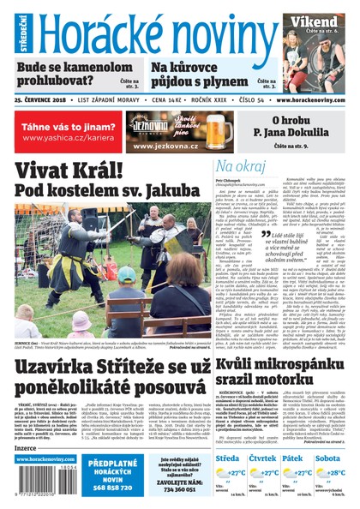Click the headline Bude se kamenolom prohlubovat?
coord(74,73)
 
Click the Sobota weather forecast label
coord(327,458)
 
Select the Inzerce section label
coord(27,447)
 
